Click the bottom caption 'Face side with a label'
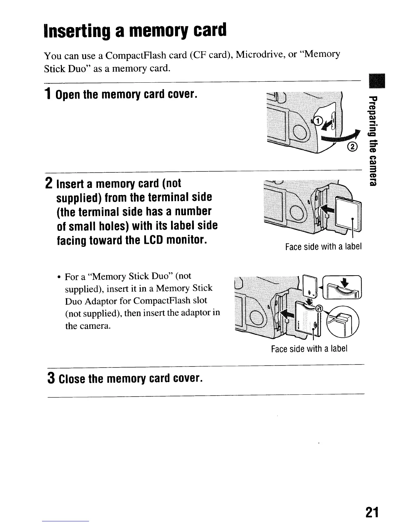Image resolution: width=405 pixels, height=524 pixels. pyautogui.click(x=309, y=349)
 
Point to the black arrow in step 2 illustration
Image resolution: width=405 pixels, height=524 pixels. pyautogui.click(x=327, y=209)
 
